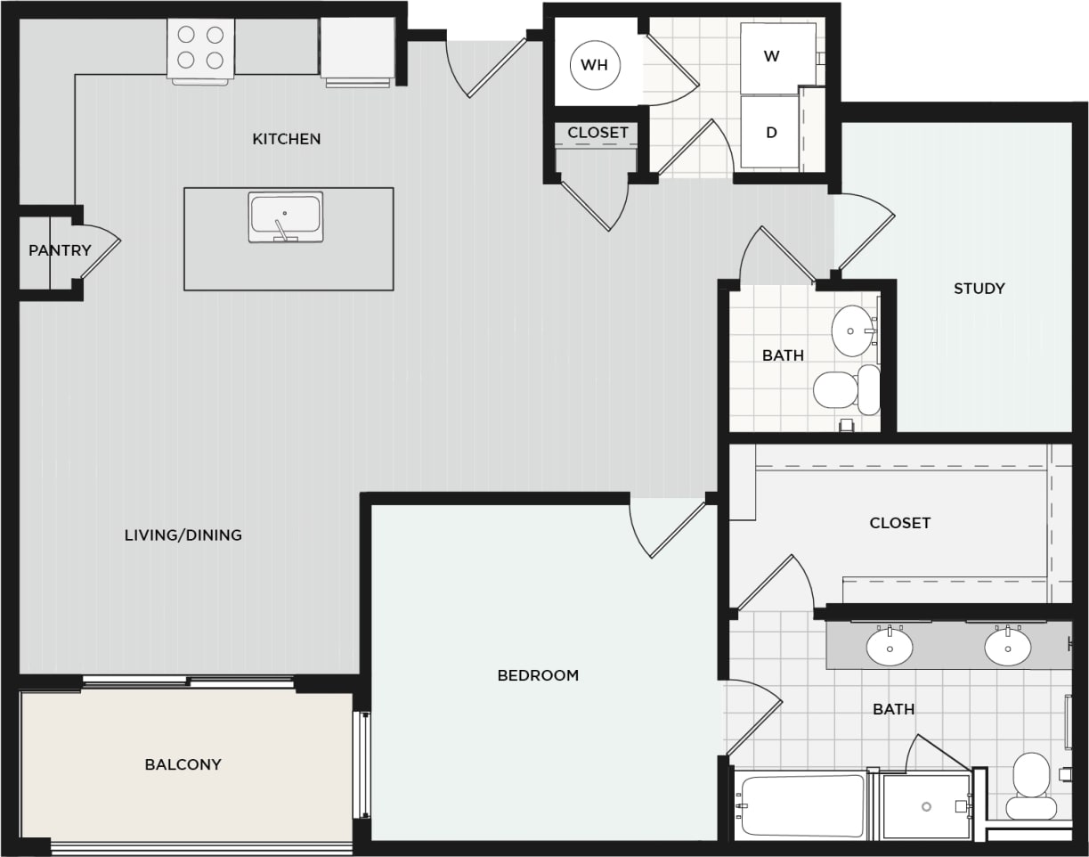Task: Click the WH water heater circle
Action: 594,64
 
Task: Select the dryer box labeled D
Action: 771,132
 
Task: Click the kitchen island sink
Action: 285,216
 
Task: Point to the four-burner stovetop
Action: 200,47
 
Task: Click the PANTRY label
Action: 60,250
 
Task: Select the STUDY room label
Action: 979,288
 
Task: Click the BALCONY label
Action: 183,764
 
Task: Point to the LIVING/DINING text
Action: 183,535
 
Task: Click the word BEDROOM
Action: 538,675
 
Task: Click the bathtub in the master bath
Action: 800,805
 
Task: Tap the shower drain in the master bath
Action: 927,806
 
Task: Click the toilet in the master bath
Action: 1031,784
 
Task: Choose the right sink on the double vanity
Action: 1007,647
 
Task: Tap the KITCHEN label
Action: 286,139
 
